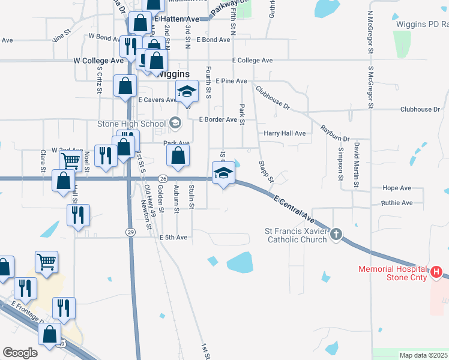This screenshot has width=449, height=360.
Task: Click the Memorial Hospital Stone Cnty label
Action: [x=393, y=273]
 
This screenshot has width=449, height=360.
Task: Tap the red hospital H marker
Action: [x=437, y=272]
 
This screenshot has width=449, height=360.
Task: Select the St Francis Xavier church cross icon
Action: [x=336, y=234]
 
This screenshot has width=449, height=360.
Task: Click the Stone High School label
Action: [x=131, y=124]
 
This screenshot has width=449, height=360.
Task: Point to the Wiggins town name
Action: [x=173, y=74]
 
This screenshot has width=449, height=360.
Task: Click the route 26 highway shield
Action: [x=163, y=178]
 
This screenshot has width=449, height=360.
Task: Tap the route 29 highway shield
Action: [x=130, y=232]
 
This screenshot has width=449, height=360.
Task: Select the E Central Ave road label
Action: [x=294, y=207]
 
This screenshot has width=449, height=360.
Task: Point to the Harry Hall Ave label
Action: [x=285, y=133]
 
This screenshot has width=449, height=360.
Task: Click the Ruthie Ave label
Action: [x=397, y=203]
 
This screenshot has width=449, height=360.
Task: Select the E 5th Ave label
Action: [x=173, y=238]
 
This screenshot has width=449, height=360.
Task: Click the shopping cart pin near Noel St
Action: [x=70, y=160]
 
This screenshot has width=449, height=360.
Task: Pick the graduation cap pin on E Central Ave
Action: [x=223, y=173]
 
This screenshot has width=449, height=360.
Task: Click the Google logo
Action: [x=20, y=353]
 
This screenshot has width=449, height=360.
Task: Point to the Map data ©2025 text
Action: [x=423, y=355]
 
